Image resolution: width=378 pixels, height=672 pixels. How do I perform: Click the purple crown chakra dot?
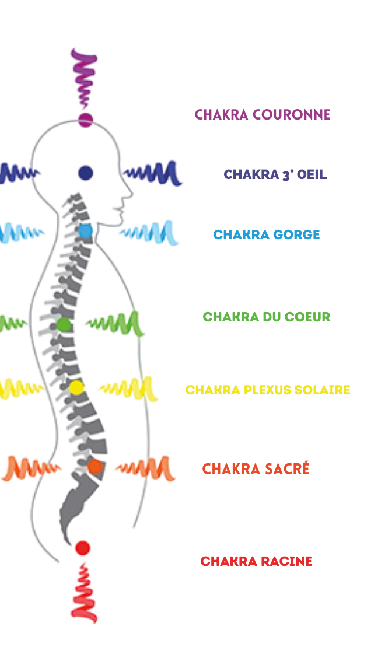(86, 120)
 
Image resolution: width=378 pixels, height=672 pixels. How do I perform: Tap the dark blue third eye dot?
(85, 173)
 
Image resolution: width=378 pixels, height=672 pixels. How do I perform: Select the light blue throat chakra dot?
(86, 231)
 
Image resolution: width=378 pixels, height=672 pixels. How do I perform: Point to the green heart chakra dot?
(64, 324)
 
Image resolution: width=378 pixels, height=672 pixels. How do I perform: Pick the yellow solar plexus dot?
(76, 387)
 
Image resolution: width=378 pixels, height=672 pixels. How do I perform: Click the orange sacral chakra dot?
(94, 467)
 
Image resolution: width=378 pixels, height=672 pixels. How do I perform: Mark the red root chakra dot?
(82, 548)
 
